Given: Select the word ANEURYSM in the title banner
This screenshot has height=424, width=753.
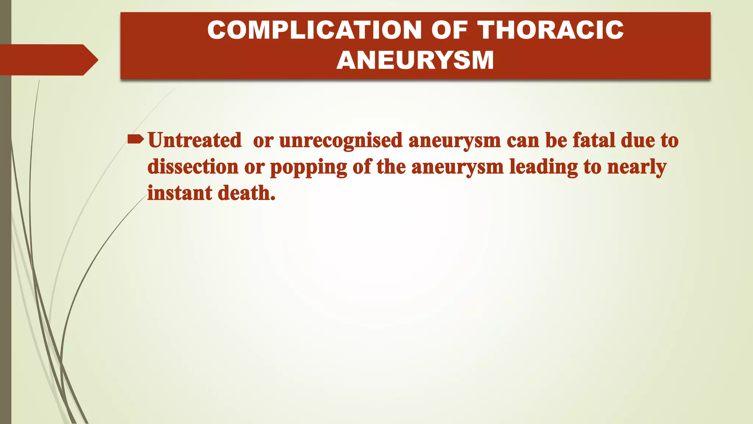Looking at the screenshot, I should [415, 60].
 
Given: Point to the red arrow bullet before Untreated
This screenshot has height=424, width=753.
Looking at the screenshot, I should [135, 139].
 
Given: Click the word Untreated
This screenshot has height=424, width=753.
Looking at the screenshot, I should [195, 140].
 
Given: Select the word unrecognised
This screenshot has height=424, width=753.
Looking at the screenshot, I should [341, 141].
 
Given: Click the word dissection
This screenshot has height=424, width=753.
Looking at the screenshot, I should [193, 167].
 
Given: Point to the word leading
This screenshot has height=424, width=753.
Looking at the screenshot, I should [543, 167].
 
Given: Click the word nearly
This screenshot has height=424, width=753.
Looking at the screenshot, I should [636, 167].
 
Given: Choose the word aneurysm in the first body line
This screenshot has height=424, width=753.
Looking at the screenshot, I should [454, 141].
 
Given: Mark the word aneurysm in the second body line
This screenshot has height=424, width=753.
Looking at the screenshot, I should [457, 167].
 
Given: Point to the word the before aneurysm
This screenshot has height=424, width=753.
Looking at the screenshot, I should [391, 167].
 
